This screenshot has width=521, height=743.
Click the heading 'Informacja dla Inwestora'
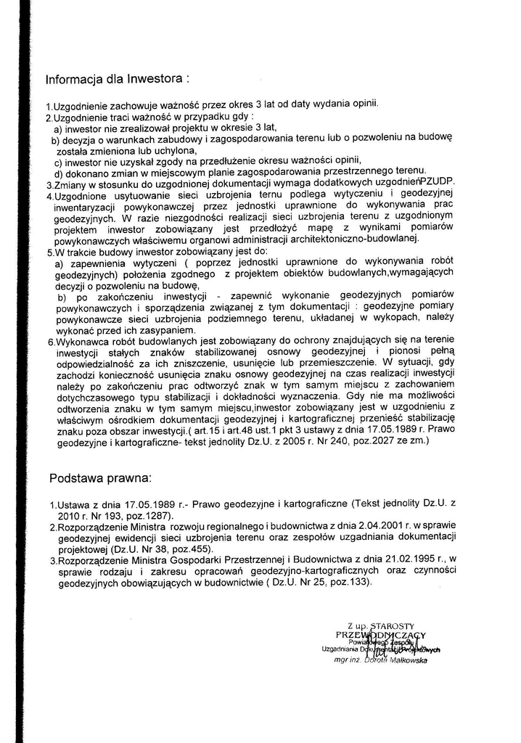[117, 78]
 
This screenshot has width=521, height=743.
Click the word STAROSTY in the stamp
[391, 625]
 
